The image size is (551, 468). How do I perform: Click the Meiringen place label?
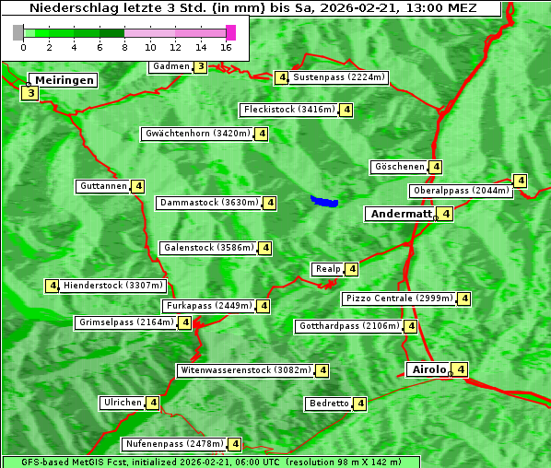64,80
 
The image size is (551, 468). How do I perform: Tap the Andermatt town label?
400,214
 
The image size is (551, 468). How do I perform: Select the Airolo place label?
428,369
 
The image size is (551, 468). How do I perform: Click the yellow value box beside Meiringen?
30,93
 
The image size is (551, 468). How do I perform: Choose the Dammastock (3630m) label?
208,202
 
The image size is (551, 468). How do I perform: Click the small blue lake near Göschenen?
324,201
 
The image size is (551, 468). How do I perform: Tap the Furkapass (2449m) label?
207,306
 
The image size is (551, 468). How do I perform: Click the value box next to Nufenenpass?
235,444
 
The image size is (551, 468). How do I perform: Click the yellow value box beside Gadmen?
201,66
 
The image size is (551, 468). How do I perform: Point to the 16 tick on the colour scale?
226,46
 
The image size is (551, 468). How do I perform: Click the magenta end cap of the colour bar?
230,32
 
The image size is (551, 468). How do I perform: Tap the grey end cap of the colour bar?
18,32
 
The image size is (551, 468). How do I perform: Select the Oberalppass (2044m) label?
461,191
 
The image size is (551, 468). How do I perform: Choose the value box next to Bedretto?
360,404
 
